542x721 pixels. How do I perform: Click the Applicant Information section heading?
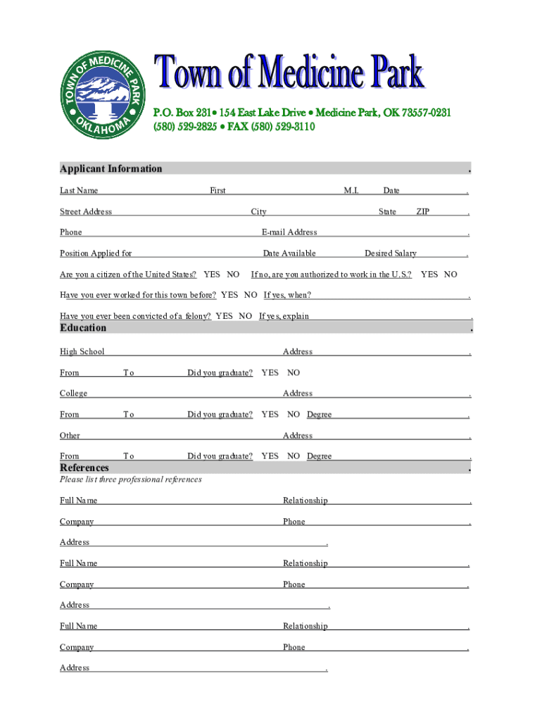(111, 168)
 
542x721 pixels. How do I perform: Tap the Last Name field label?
(79, 191)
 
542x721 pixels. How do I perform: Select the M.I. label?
(351, 191)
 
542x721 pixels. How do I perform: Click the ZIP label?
(423, 212)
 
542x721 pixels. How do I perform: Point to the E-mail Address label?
(289, 232)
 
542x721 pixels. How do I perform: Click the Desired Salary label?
(391, 253)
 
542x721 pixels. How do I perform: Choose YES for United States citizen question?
(211, 275)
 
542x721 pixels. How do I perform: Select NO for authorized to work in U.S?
(450, 275)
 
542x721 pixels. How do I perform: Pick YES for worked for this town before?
(229, 295)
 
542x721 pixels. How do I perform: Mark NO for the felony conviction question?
(246, 316)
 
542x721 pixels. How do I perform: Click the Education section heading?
(83, 327)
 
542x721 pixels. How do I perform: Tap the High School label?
(82, 351)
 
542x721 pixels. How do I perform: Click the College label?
(74, 394)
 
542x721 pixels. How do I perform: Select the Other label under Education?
(70, 436)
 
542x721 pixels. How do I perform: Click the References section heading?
(84, 468)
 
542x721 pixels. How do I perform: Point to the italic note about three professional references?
(131, 479)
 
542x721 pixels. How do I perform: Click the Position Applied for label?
(96, 253)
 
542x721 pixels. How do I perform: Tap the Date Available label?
(289, 253)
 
